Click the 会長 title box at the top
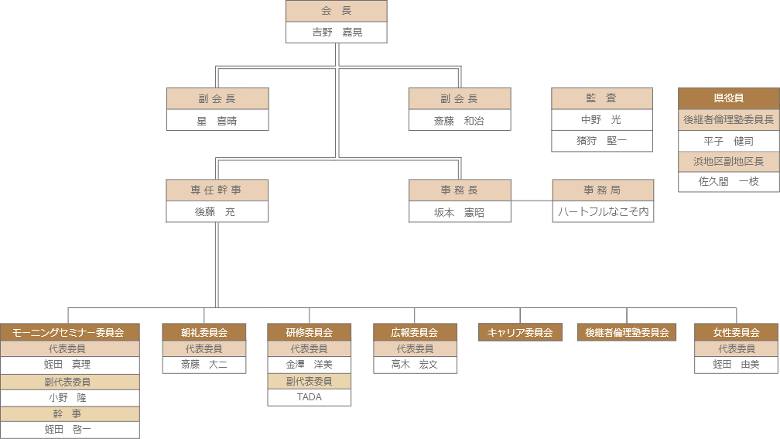[x=336, y=11]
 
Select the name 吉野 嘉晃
[x=336, y=33]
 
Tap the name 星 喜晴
[x=217, y=121]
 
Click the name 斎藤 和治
[x=459, y=121]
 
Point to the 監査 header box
[x=601, y=98]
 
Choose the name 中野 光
[x=601, y=120]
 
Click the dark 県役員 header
[x=728, y=98]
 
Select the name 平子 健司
[x=728, y=141]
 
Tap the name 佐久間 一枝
[x=728, y=182]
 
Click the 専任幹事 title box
[x=217, y=190]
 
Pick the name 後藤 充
[x=217, y=211]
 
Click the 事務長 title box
[x=459, y=190]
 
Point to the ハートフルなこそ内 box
[x=603, y=211]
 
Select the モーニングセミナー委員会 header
[x=69, y=332]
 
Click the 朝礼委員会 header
[x=204, y=332]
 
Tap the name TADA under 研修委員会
[x=309, y=397]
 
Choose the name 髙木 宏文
[x=414, y=365]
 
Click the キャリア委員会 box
[x=520, y=332]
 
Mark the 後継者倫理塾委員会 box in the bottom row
[x=626, y=332]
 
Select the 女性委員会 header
[x=736, y=332]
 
